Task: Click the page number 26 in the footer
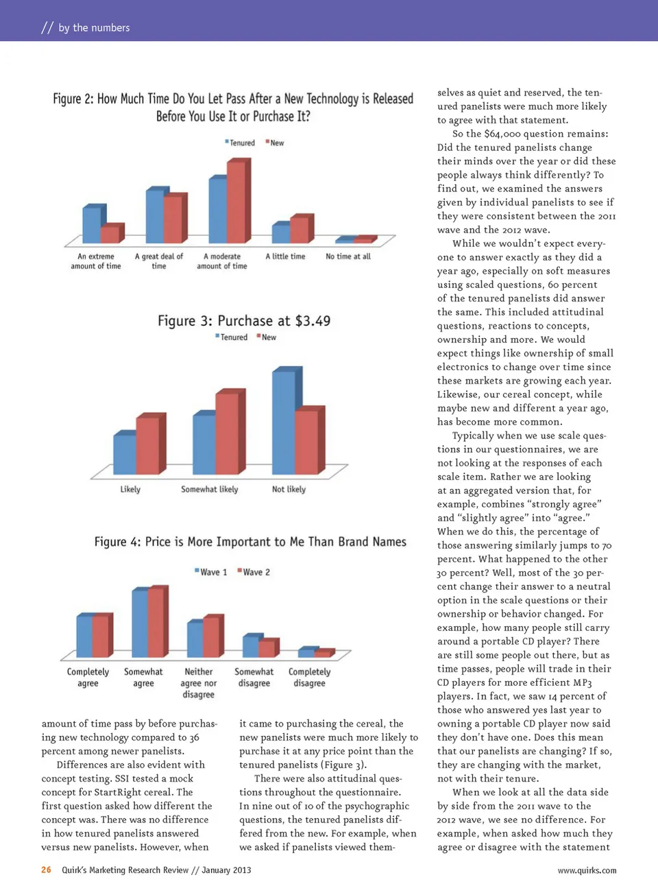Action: pyautogui.click(x=46, y=870)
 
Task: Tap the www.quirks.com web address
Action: pyautogui.click(x=587, y=870)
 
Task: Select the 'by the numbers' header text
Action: pyautogui.click(x=94, y=27)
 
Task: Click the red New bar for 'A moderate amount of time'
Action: pyautogui.click(x=236, y=202)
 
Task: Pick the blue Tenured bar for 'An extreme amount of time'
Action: pyautogui.click(x=91, y=224)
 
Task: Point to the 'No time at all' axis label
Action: pyautogui.click(x=348, y=256)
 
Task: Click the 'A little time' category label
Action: pyautogui.click(x=285, y=256)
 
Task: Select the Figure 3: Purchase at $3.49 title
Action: pyautogui.click(x=244, y=321)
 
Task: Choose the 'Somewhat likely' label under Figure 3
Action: pyautogui.click(x=209, y=489)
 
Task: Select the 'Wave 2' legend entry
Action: pyautogui.click(x=256, y=572)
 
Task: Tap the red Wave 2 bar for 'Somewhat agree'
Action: pyautogui.click(x=156, y=623)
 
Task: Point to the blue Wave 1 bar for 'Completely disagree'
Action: pyautogui.click(x=306, y=652)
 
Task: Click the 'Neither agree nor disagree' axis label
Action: pyautogui.click(x=198, y=683)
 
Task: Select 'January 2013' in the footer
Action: pyautogui.click(x=226, y=870)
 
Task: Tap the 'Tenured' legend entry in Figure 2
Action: pyautogui.click(x=241, y=143)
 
